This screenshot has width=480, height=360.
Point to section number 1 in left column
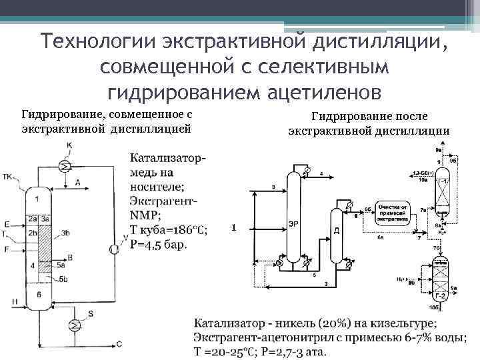[x=37, y=198]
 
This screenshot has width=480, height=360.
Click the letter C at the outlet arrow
[x=119, y=343]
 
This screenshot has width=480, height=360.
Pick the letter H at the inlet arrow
[x=14, y=302]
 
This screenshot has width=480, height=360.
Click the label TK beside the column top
[x=8, y=177]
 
